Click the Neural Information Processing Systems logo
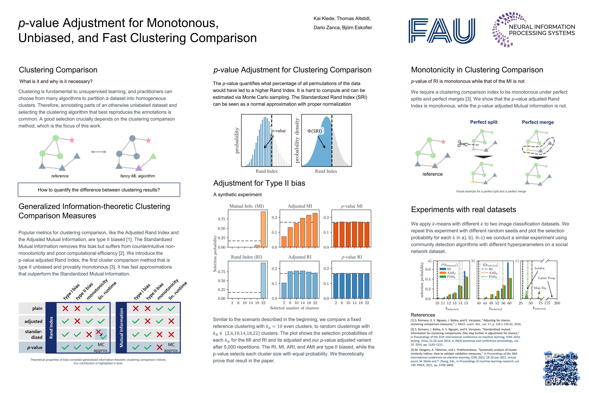pyautogui.click(x=533, y=30)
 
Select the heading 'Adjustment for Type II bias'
pyautogui.click(x=259, y=183)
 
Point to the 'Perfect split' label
pyautogui.click(x=484, y=122)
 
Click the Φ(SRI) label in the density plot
pyautogui.click(x=315, y=131)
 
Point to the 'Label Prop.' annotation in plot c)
pyautogui.click(x=547, y=278)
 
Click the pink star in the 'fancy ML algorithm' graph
pyautogui.click(x=148, y=140)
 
